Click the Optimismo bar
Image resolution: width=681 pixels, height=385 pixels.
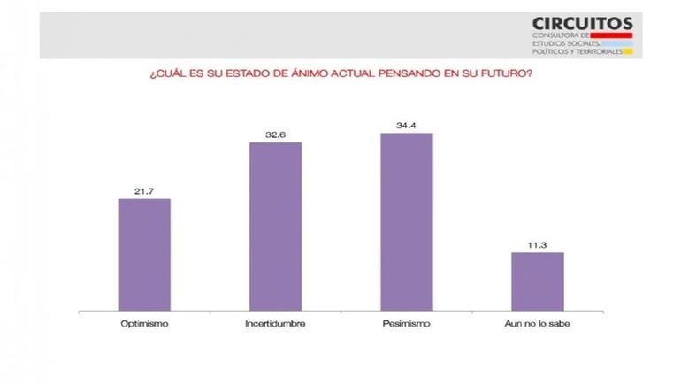144,254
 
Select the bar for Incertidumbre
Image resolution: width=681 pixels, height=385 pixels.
275,226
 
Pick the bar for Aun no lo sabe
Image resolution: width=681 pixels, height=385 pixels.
537,281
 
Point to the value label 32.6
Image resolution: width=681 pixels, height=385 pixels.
275,135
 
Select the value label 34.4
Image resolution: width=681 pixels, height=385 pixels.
406,126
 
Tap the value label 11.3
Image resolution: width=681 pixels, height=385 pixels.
537,245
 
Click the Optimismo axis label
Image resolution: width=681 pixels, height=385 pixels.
144,324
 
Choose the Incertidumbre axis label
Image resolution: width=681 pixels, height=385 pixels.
275,324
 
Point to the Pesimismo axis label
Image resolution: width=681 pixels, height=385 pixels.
406,324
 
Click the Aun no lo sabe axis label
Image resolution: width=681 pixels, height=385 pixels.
537,324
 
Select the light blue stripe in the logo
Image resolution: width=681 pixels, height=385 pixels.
616,42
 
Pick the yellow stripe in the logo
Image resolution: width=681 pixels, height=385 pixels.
628,50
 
